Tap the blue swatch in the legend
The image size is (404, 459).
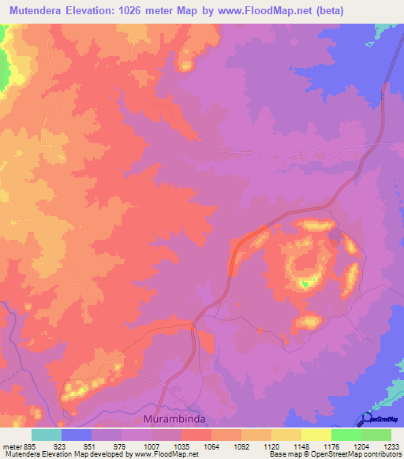[x=76, y=435]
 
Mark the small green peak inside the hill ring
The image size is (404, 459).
[x=305, y=282]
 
